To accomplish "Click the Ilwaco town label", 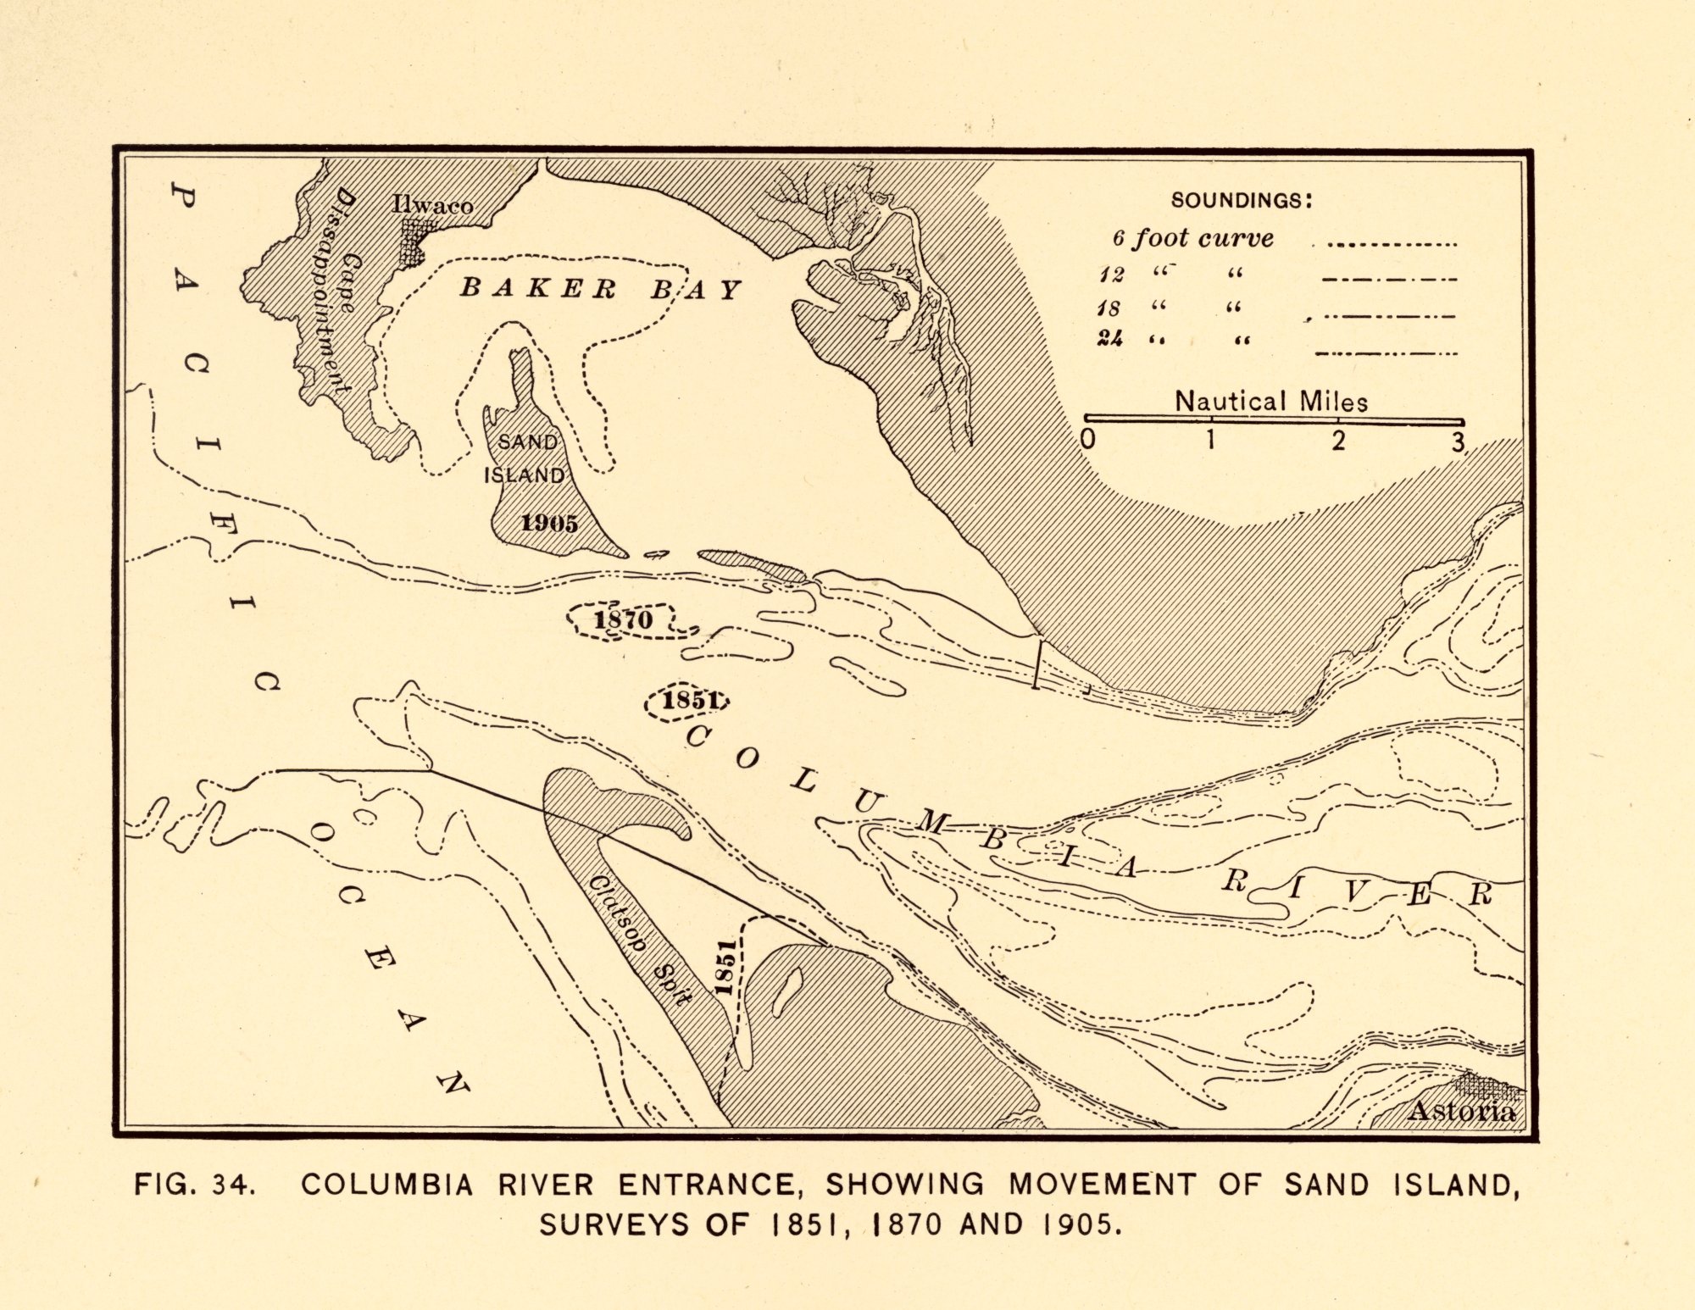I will click(432, 205).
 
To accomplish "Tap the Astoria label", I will click(1461, 1111).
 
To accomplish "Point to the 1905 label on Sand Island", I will click(549, 523).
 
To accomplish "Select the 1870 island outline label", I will click(623, 619).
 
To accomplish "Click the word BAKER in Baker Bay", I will click(537, 288).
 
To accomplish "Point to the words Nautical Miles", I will click(1270, 401).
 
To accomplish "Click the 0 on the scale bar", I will click(1088, 439).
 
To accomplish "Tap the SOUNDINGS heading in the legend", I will click(1242, 201).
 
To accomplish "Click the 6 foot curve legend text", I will click(1193, 238).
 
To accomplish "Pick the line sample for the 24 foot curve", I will click(1386, 353).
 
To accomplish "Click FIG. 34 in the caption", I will click(194, 1184).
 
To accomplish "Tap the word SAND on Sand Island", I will click(527, 441).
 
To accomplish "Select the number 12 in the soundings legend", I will click(1111, 275).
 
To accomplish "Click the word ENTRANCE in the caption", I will click(711, 1184).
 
